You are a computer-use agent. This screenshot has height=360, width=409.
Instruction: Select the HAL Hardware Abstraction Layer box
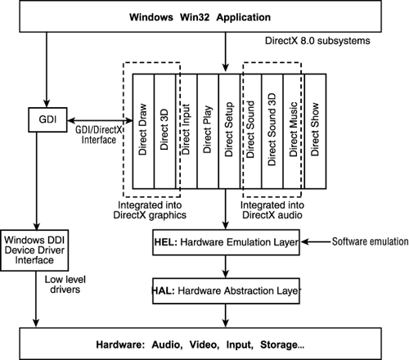click(x=227, y=290)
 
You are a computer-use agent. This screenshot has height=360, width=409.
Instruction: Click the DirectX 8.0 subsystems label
click(x=312, y=40)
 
